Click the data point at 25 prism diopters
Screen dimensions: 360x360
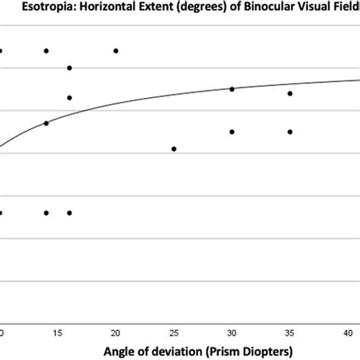(174, 149)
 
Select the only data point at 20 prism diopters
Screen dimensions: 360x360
(115, 51)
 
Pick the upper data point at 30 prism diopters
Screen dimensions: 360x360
(232, 89)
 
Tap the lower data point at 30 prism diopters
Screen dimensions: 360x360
(232, 131)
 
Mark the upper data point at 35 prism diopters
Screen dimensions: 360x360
(290, 93)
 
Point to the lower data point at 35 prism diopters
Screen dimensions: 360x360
(290, 131)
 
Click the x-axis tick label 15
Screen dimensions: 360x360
(57, 333)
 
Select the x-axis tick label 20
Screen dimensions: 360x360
(115, 333)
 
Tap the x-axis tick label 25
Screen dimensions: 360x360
(174, 333)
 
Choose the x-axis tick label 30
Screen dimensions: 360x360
(232, 333)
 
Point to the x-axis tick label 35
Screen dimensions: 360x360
(290, 333)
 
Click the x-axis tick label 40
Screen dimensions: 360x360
(348, 333)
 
